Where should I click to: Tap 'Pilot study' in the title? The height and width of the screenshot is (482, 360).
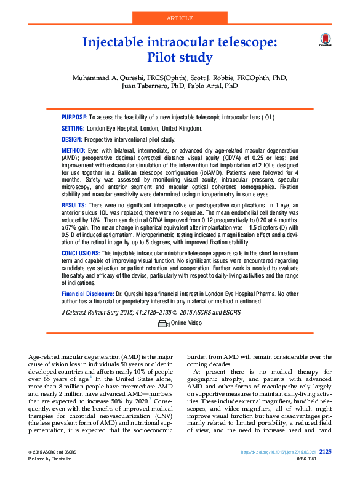[180, 58]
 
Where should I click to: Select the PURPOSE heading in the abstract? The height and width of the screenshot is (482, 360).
[74, 117]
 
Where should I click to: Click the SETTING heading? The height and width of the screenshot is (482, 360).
[73, 128]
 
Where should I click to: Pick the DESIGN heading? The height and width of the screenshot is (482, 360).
[72, 140]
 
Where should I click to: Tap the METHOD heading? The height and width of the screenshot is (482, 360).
[73, 151]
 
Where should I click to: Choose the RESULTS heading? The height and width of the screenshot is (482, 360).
[74, 204]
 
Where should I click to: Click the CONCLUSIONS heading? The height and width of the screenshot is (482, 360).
[80, 254]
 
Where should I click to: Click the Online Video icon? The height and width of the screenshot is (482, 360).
[164, 323]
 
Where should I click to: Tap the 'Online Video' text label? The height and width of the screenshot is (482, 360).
[186, 323]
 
